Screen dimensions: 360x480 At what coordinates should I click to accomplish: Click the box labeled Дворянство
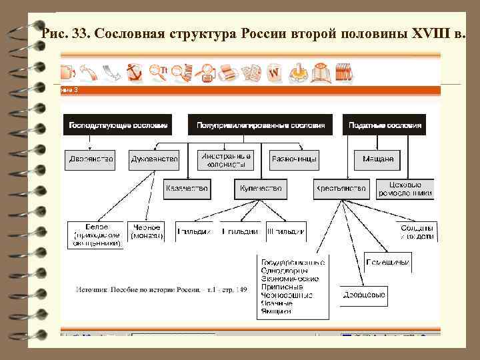[91, 159]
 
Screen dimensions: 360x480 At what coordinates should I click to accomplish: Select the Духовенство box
[154, 159]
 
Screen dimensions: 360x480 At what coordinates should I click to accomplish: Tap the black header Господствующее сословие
[117, 125]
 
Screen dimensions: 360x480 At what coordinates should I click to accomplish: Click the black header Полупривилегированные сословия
[261, 125]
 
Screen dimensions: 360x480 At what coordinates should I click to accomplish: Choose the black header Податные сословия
[385, 125]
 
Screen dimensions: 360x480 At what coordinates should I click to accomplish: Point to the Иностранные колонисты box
[226, 159]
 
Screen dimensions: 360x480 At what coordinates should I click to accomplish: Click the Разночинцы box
[294, 159]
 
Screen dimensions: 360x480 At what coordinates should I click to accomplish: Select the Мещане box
[377, 159]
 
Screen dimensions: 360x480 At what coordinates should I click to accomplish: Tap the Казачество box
[187, 189]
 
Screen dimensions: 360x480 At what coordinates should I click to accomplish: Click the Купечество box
[261, 189]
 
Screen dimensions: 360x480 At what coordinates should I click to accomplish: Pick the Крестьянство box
[341, 189]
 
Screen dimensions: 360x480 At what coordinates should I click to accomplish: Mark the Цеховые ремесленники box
[405, 189]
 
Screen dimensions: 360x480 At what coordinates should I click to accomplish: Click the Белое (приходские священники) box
[96, 235]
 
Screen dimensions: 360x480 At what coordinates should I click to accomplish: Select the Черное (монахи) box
[147, 231]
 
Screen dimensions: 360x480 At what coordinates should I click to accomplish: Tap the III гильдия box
[286, 231]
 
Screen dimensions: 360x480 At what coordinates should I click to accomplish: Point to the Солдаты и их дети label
[417, 231]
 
